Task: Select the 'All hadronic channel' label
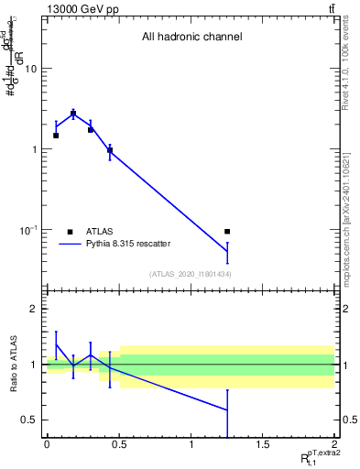191,38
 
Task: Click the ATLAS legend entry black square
70,232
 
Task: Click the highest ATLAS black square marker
73,115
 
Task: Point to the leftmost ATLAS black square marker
56,136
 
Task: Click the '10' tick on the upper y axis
30,69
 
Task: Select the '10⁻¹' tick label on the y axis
27,229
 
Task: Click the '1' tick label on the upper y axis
34,149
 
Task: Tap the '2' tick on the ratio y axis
34,310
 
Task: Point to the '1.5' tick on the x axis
263,443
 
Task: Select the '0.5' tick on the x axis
118,443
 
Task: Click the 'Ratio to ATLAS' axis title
12,365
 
